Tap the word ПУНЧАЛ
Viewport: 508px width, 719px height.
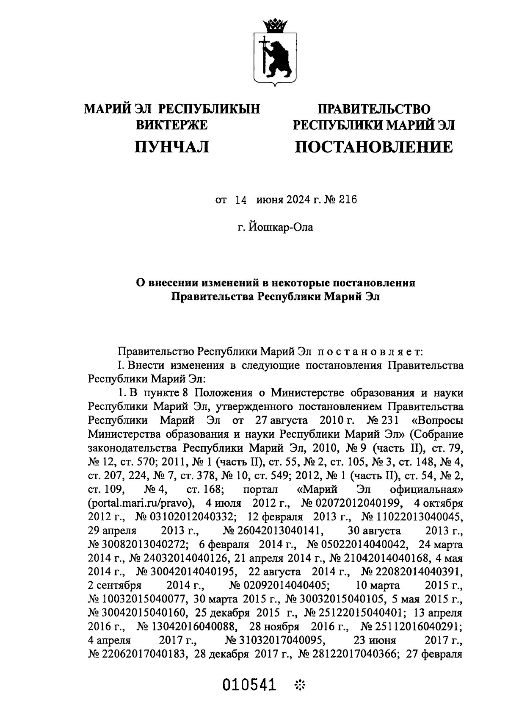click(171, 147)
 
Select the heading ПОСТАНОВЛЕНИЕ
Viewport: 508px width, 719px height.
click(374, 147)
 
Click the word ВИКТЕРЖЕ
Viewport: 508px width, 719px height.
click(171, 125)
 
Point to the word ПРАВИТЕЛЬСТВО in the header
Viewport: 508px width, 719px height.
click(374, 109)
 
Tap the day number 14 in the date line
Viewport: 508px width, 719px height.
click(240, 200)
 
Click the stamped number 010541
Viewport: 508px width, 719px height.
click(248, 684)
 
